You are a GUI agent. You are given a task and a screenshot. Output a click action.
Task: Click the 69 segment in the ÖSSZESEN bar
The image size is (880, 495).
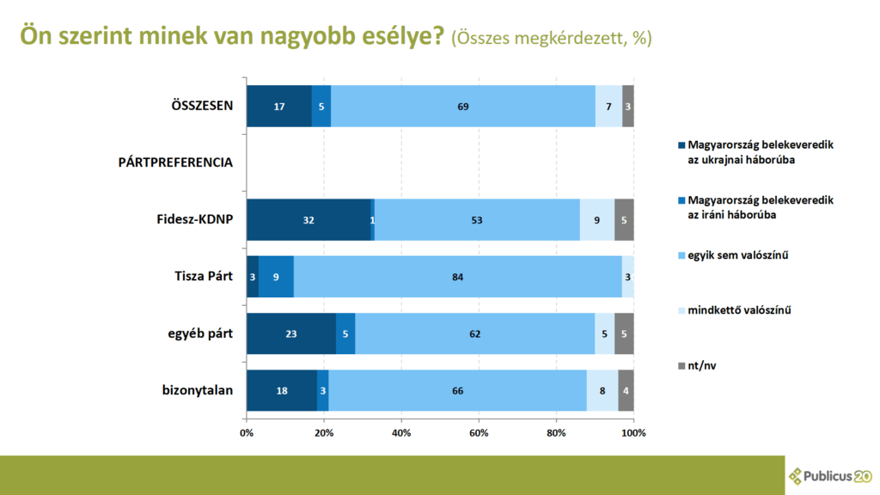pyautogui.click(x=463, y=107)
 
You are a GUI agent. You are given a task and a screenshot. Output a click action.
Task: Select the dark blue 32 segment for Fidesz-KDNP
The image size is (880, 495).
pyautogui.click(x=309, y=220)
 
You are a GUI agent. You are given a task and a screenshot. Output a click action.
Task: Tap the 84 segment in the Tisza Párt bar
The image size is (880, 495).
pyautogui.click(x=457, y=277)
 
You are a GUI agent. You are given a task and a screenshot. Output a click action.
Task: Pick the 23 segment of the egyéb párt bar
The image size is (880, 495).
pyautogui.click(x=290, y=333)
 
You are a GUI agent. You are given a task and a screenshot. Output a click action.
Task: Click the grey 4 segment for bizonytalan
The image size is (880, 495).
pyautogui.click(x=626, y=390)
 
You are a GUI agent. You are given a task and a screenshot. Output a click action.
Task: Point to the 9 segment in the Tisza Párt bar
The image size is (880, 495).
pyautogui.click(x=276, y=277)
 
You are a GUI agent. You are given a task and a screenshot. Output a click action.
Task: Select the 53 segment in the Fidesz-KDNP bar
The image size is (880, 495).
pyautogui.click(x=477, y=220)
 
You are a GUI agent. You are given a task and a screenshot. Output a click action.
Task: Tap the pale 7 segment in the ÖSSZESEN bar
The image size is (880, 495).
pyautogui.click(x=608, y=107)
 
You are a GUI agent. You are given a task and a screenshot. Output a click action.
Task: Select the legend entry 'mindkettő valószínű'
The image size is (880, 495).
pyautogui.click(x=738, y=309)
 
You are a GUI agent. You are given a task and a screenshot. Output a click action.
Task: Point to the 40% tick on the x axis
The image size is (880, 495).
pyautogui.click(x=401, y=432)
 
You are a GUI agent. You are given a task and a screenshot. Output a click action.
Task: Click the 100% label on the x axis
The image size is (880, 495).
pyautogui.click(x=634, y=432)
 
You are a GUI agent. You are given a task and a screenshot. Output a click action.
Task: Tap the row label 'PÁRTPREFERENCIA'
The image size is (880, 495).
pyautogui.click(x=175, y=162)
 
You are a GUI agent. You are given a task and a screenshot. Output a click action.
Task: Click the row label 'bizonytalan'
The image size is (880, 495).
pyautogui.click(x=197, y=390)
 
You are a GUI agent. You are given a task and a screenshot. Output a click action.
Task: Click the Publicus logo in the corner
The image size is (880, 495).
pyautogui.click(x=830, y=475)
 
